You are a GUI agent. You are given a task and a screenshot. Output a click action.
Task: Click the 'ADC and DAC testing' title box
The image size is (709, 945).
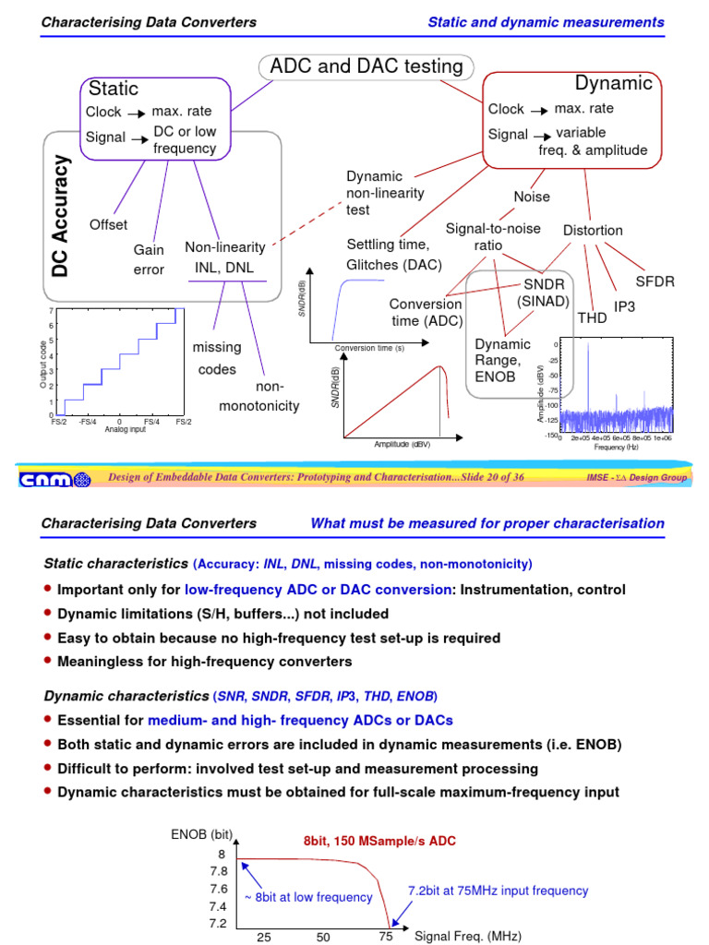coord(366,66)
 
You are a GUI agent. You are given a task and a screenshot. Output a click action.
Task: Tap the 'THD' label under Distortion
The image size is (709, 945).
coord(592,317)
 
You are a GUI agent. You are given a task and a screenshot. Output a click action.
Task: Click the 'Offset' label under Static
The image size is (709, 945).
coord(108,224)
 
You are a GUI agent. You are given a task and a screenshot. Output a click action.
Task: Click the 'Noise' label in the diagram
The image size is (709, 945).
coord(531,197)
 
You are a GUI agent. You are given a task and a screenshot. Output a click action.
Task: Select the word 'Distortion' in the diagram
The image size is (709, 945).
coord(593,230)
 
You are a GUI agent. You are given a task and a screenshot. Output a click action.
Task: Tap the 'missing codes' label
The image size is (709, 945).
coord(217,358)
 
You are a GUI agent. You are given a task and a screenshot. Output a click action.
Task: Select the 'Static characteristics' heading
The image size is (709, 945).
coord(115,563)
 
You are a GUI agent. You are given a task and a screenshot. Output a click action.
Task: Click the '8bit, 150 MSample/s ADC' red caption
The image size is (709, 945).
coord(379,842)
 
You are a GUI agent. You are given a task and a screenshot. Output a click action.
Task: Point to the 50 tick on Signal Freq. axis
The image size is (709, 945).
coord(323,937)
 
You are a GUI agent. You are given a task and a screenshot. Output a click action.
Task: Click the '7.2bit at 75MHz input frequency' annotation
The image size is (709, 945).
coord(498,891)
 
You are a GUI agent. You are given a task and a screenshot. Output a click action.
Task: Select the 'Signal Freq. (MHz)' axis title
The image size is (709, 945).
coord(468,936)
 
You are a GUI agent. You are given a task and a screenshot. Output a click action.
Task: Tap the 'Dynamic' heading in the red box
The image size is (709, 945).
coord(614,83)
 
